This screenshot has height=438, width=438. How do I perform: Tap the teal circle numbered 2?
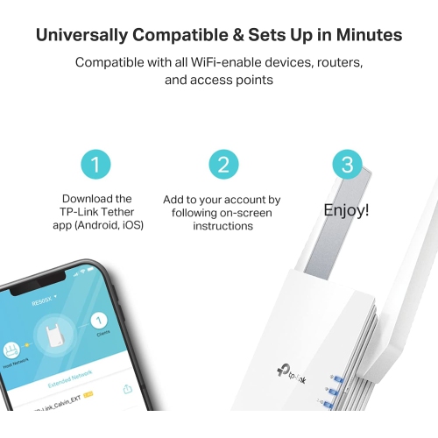(223, 165)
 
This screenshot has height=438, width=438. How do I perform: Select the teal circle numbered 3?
(346, 165)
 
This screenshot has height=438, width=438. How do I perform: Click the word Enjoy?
(346, 210)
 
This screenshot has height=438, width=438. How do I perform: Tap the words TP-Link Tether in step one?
(98, 212)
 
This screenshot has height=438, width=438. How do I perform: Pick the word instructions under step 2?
(223, 226)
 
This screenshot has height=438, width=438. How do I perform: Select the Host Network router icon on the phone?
(13, 348)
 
